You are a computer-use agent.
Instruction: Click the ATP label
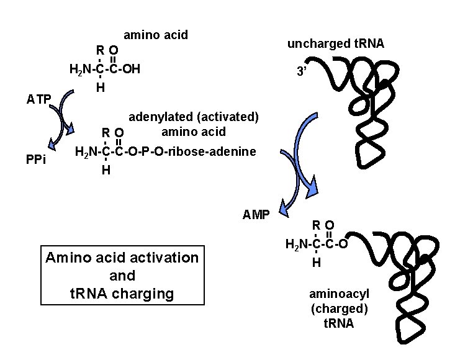tap(38, 99)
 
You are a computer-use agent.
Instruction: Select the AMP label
tap(256, 215)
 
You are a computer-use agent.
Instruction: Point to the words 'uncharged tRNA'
tap(335, 43)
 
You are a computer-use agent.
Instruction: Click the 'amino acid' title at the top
tap(156, 35)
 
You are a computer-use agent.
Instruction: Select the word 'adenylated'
tap(159, 116)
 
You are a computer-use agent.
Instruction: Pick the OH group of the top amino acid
tap(130, 68)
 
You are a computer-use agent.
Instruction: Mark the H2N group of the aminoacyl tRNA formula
tap(297, 244)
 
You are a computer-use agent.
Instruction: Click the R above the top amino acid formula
tap(99, 50)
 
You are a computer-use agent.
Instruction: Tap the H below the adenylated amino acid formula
tap(106, 170)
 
